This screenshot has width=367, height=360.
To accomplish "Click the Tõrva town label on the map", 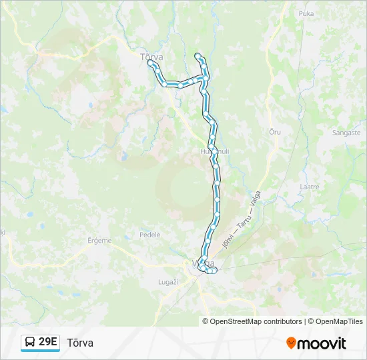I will pyautogui.click(x=152, y=57).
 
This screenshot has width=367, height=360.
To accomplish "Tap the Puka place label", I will pyautogui.click(x=306, y=13).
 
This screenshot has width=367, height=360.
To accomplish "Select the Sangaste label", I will pyautogui.click(x=346, y=133).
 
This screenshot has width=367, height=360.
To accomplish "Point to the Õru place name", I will pyautogui.click(x=274, y=132).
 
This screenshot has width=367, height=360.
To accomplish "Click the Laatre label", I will pyautogui.click(x=310, y=187).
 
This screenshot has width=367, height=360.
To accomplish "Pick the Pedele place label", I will pyautogui.click(x=150, y=235).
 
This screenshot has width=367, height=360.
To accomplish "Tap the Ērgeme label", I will pyautogui.click(x=100, y=241).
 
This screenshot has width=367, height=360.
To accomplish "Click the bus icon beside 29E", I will pyautogui.click(x=30, y=343).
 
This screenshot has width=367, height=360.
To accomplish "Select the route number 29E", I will pyautogui.click(x=48, y=342).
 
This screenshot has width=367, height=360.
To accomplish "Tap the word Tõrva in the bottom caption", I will pyautogui.click(x=80, y=343).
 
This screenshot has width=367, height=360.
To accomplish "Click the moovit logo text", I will pyautogui.click(x=322, y=343).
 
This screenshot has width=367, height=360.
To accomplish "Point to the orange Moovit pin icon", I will pyautogui.click(x=291, y=343).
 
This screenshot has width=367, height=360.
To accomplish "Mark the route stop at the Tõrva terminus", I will pyautogui.click(x=149, y=63).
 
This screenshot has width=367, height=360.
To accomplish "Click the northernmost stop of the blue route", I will pyautogui.click(x=197, y=55).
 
